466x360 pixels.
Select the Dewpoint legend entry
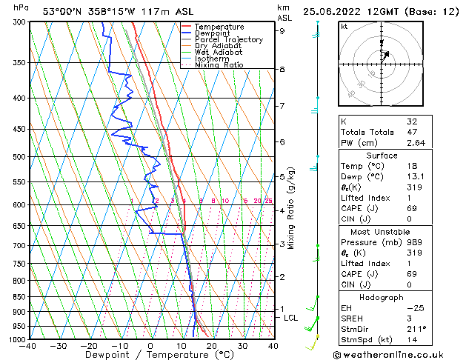pyautogui.click(x=214, y=33)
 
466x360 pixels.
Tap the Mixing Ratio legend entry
pyautogui.click(x=219, y=65)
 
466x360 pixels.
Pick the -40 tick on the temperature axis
pyautogui.click(x=29, y=346)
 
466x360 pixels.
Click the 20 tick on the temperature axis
pyautogui.click(x=211, y=346)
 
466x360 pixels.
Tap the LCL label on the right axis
pyautogui.click(x=291, y=318)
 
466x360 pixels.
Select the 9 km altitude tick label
pyautogui.click(x=282, y=31)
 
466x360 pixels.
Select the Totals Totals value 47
pyautogui.click(x=413, y=132)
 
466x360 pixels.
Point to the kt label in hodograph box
pyautogui.click(x=344, y=27)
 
